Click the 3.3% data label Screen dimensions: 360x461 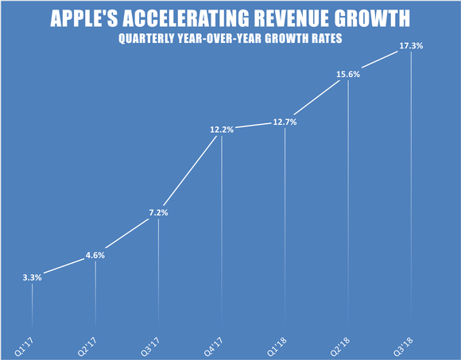tap(32, 277)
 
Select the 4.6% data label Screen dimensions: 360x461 tap(95, 255)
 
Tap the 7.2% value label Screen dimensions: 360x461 tap(158, 213)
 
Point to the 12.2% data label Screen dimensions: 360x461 tap(222, 130)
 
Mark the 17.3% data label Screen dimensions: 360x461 tap(411, 46)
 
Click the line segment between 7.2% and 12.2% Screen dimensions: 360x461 tap(190, 177)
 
